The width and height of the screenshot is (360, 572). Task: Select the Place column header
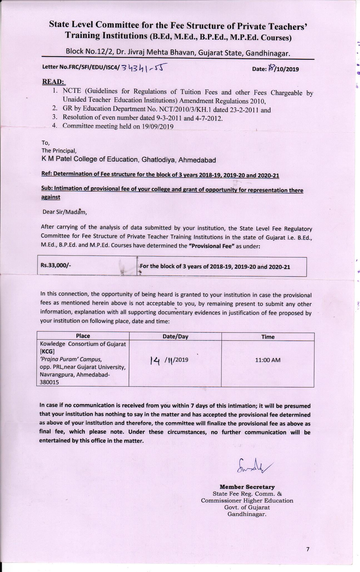click(x=83, y=336)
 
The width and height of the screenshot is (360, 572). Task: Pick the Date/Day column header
click(x=175, y=337)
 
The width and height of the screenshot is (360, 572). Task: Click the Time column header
click(x=268, y=337)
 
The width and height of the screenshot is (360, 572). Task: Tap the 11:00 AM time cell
click(x=268, y=360)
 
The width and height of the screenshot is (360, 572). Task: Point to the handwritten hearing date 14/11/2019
click(x=169, y=360)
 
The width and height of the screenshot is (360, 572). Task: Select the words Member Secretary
click(x=247, y=487)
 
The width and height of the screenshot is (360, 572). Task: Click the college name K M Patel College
click(x=128, y=160)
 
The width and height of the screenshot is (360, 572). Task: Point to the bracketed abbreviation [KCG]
click(x=45, y=351)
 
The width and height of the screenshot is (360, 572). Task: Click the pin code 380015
click(x=49, y=382)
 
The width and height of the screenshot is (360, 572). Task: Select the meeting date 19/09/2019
click(x=157, y=127)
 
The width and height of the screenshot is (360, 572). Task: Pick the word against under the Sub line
click(x=51, y=197)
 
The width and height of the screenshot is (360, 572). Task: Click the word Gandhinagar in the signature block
click(x=247, y=514)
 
